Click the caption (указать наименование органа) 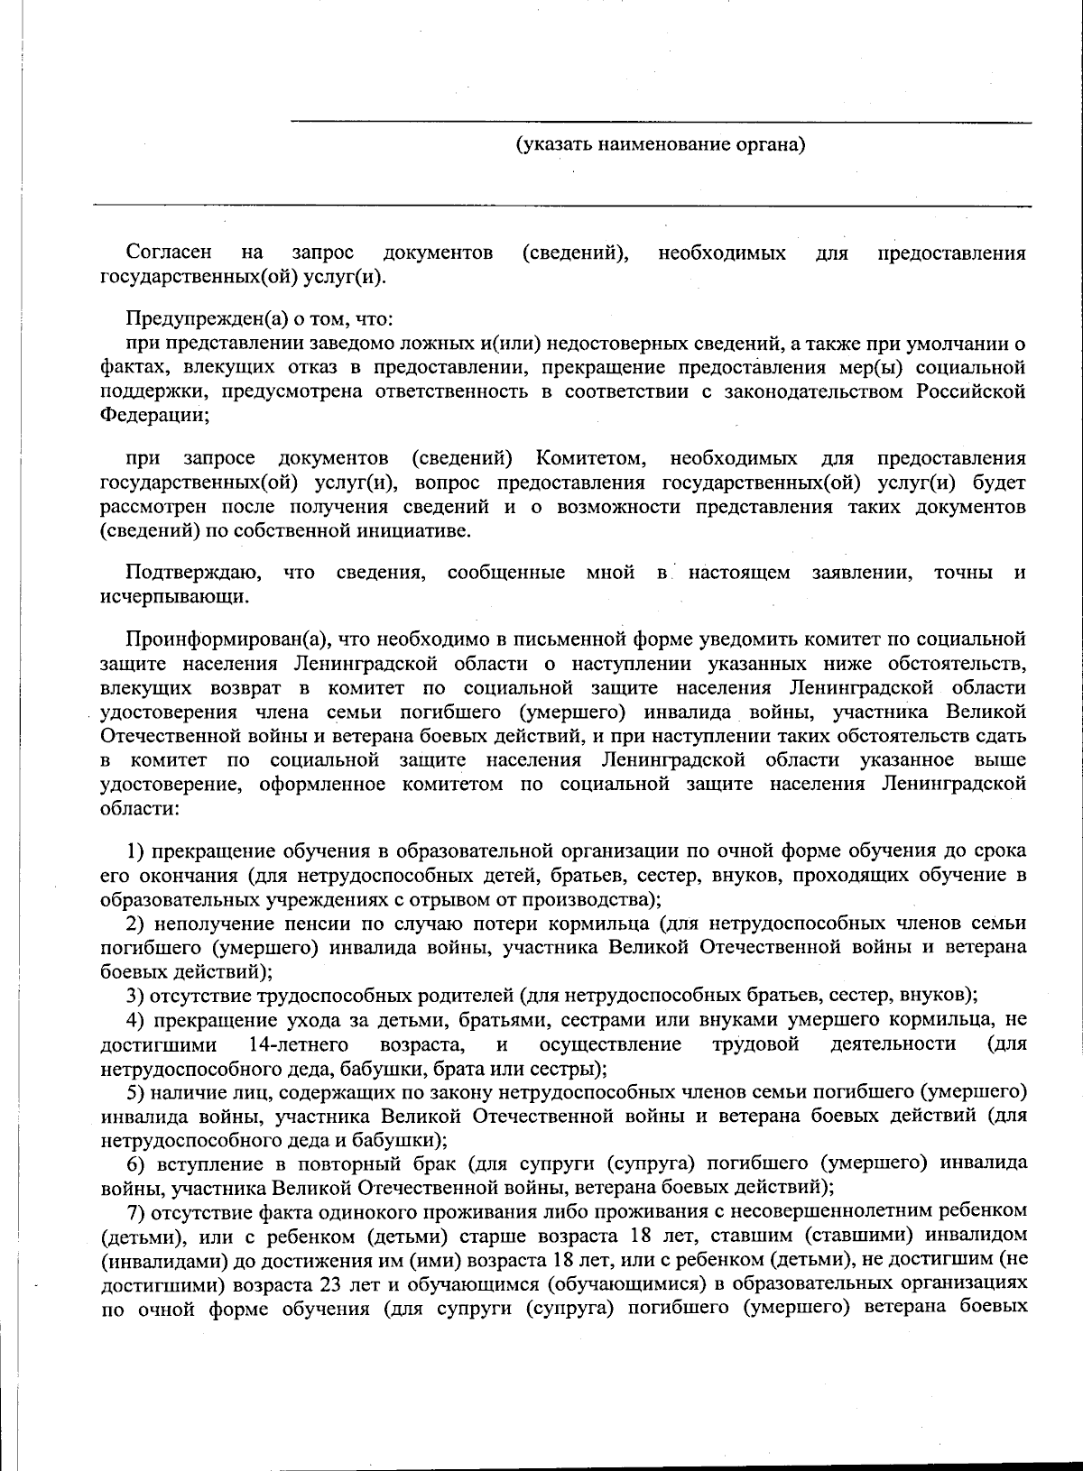[660, 144]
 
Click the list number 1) [135, 850]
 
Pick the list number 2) [135, 923]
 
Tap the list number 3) [135, 995]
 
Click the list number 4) [135, 1019]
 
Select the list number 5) [135, 1091]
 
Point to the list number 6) [135, 1163]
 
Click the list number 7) [135, 1209]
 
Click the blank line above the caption [660, 120]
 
